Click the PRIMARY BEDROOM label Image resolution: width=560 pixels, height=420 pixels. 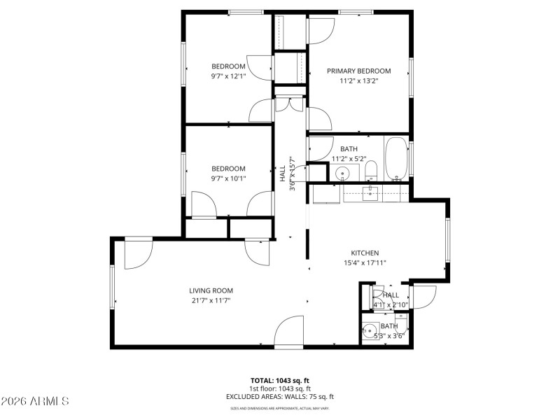(359, 71)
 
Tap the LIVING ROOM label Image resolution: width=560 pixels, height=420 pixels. (211, 290)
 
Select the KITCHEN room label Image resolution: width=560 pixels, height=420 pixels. (365, 253)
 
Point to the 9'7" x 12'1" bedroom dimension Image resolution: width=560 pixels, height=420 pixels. (229, 76)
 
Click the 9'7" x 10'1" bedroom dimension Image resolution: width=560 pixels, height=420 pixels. (229, 178)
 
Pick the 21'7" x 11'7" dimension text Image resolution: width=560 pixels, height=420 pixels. (211, 300)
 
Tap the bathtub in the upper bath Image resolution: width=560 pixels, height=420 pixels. (396, 160)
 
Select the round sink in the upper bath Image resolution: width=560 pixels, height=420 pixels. (343, 173)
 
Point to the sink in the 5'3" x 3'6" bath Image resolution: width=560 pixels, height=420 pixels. (370, 330)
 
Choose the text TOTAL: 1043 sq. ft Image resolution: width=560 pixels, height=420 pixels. (280, 380)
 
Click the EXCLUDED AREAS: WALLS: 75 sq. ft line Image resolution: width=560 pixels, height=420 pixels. (280, 397)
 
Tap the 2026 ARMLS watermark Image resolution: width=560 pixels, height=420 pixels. (35, 401)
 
